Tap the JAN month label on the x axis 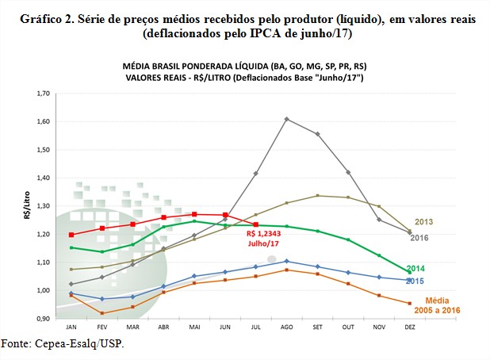pos(71,327)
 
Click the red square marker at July pos(255,224)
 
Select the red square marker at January pos(71,235)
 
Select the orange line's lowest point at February pos(101,313)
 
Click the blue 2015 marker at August pos(285,261)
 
